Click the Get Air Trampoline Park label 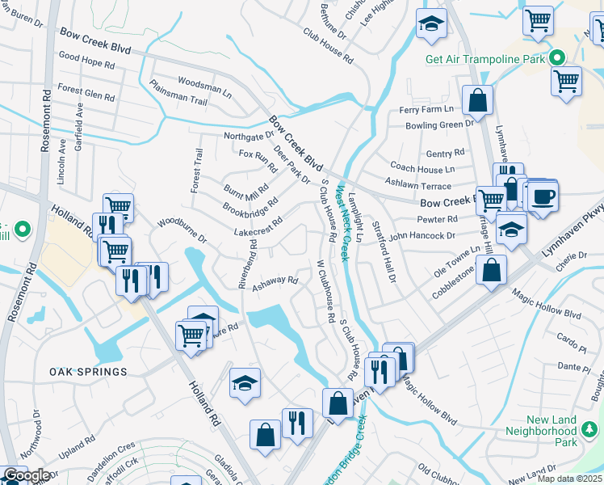(485, 58)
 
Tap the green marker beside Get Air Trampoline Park (557, 58)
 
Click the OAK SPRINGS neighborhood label (88, 372)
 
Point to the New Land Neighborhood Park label (563, 431)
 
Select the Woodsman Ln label (204, 83)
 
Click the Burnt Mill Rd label (246, 192)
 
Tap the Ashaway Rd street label (275, 283)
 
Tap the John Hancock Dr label (422, 236)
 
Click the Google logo (27, 476)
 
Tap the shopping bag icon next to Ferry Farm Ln (477, 102)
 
